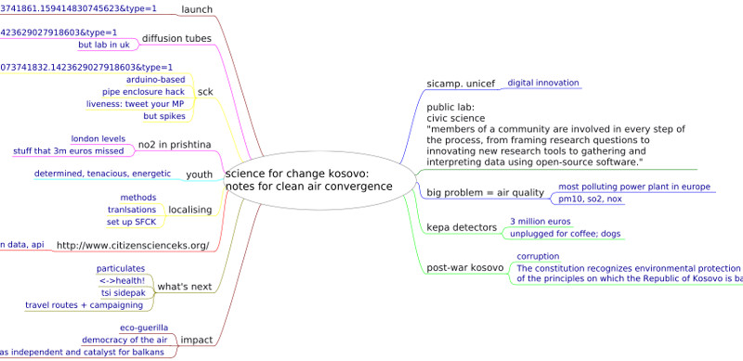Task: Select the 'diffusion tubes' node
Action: click(176, 39)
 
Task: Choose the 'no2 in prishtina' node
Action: click(175, 144)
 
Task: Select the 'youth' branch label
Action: click(200, 174)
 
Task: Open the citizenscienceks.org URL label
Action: click(133, 245)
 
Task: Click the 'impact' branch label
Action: click(195, 339)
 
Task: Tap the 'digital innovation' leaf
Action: click(542, 83)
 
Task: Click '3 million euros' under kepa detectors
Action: click(541, 222)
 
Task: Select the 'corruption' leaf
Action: click(538, 256)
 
